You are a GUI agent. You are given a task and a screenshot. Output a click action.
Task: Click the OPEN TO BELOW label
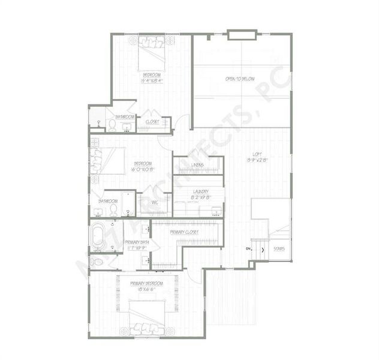click(240, 79)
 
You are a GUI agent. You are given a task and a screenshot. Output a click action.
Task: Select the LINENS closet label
click(197, 165)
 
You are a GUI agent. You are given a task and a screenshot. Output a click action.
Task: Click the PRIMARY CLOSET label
click(184, 232)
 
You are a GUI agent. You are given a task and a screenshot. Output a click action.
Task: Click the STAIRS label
click(278, 248)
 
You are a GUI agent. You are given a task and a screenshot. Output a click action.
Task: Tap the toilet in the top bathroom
click(111, 125)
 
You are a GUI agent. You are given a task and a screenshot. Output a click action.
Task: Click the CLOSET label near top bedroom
click(152, 121)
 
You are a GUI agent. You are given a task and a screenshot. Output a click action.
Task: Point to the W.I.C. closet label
click(154, 202)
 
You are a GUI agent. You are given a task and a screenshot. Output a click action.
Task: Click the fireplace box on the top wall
click(242, 34)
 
